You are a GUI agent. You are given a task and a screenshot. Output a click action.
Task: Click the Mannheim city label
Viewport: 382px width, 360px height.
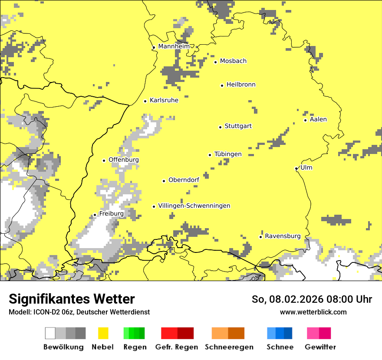(174, 46)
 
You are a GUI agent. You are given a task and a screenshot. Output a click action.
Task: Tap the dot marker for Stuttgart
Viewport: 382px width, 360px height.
(220, 127)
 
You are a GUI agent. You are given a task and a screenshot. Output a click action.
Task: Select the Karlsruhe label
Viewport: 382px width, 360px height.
(164, 100)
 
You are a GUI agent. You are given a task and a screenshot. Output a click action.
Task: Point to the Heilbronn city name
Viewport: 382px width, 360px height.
(241, 85)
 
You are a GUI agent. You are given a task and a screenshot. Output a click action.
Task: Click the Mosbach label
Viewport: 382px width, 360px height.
(233, 61)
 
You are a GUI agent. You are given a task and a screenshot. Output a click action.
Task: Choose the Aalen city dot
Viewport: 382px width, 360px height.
(305, 120)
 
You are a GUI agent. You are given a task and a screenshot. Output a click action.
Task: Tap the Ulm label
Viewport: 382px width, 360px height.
(306, 167)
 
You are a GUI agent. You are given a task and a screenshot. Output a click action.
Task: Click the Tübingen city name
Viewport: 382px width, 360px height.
(228, 154)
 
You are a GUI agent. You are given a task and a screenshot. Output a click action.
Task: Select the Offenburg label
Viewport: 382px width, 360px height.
(124, 160)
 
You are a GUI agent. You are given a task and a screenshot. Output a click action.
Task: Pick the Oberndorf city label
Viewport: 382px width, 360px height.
(184, 180)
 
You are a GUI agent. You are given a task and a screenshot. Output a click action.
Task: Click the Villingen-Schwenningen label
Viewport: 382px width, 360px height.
(194, 206)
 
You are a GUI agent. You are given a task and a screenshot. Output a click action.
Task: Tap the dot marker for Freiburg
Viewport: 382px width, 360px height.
(95, 215)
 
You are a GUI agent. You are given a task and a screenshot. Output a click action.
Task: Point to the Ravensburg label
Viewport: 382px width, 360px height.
(283, 236)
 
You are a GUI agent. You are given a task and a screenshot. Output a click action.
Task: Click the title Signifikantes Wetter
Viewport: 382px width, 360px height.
(72, 299)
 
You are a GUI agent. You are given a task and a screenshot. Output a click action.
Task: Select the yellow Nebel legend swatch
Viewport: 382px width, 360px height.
(103, 333)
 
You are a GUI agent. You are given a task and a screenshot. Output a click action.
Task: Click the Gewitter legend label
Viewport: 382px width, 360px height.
(320, 347)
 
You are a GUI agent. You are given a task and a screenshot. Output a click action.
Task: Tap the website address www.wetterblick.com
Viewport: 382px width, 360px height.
(313, 312)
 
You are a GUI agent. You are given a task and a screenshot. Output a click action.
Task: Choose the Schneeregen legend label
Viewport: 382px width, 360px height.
(229, 347)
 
